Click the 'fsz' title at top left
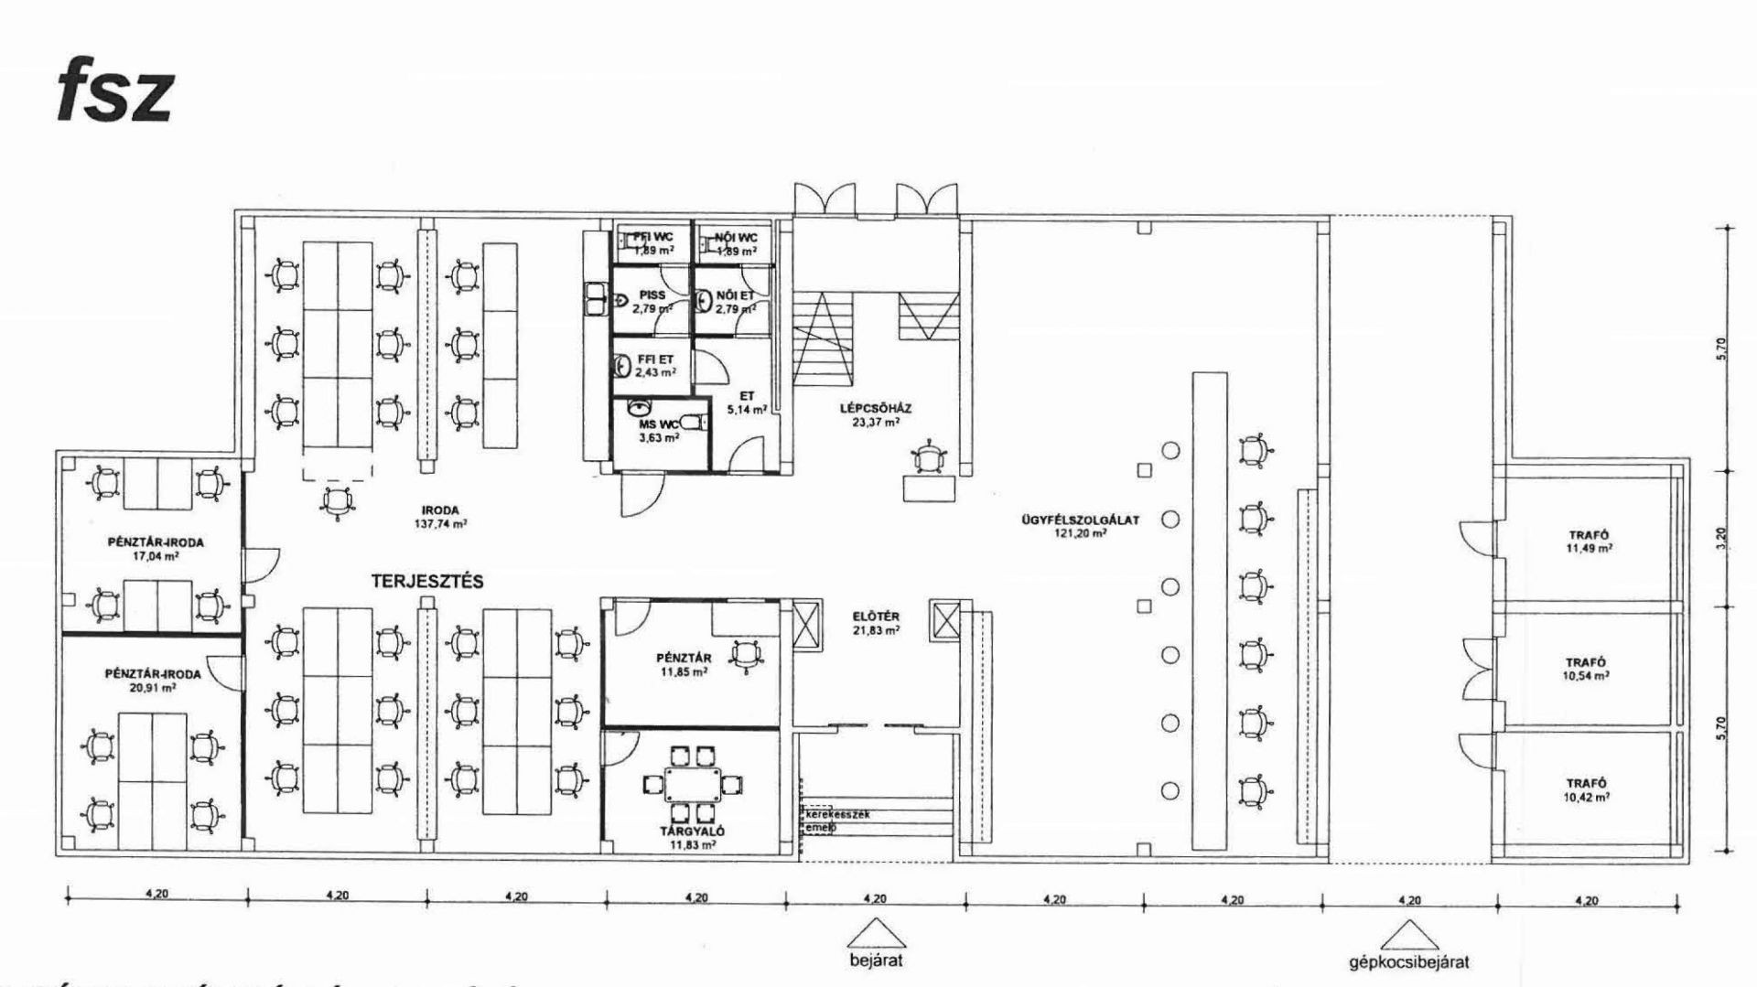[x=114, y=95]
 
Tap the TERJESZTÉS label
[x=427, y=581]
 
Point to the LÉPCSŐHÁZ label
[x=876, y=415]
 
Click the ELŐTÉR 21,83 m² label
[x=875, y=624]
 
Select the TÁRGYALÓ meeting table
[x=692, y=784]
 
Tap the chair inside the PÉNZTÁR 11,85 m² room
[x=746, y=655]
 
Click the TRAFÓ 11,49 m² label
[x=1588, y=542]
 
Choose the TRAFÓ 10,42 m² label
[x=1587, y=789]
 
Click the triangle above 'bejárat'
[x=876, y=935]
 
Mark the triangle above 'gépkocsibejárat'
[x=1409, y=935]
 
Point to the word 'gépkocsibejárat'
[x=1409, y=962]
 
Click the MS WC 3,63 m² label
[x=658, y=431]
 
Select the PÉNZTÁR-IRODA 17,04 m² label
[x=155, y=548]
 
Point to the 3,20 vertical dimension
[x=1721, y=538]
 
